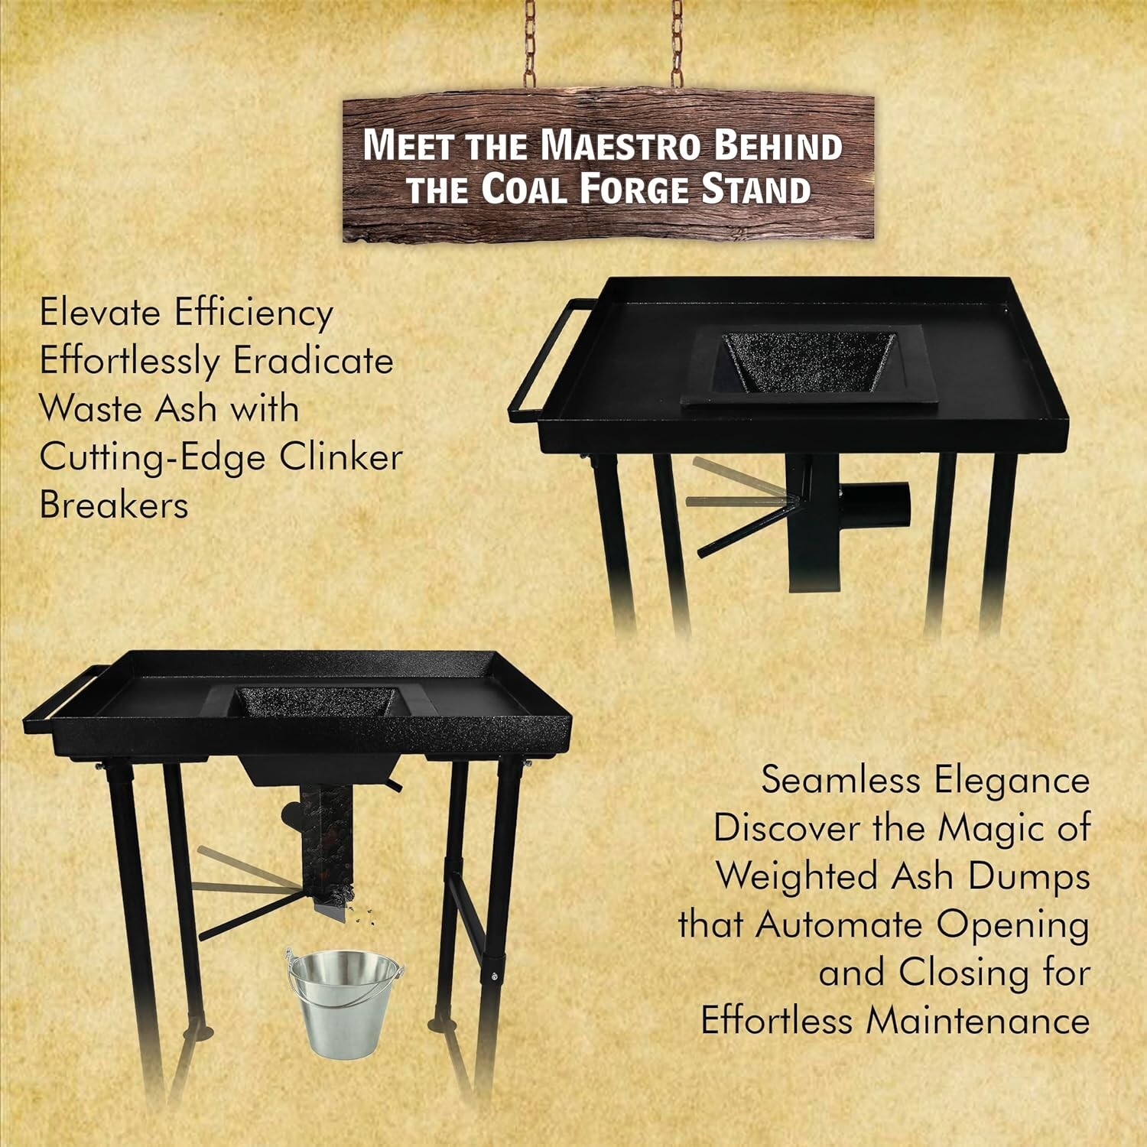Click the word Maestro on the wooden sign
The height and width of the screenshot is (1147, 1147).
620,145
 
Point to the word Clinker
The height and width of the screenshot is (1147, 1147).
340,457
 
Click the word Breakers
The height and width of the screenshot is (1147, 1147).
114,505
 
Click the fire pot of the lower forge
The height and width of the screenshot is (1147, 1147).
315,701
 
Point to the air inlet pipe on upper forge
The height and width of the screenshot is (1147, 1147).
879,505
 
